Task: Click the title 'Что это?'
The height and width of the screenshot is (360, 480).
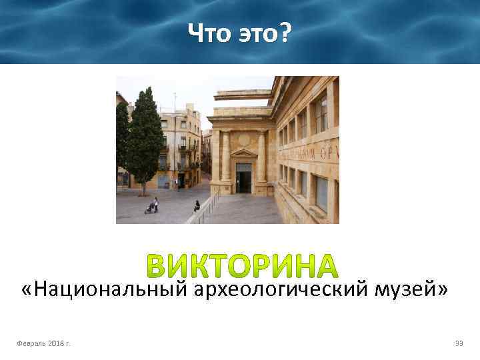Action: pyautogui.click(x=239, y=32)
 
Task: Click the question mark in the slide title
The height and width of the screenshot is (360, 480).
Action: pyautogui.click(x=285, y=32)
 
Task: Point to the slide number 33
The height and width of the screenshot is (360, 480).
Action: pyautogui.click(x=458, y=343)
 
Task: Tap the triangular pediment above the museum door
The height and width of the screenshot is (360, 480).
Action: pyautogui.click(x=244, y=153)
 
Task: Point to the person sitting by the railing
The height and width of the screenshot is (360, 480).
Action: pyautogui.click(x=197, y=206)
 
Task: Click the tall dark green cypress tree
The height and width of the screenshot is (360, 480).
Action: pyautogui.click(x=144, y=140)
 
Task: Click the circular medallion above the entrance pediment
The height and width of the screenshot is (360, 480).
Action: pyautogui.click(x=244, y=140)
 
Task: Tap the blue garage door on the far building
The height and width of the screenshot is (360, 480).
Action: pyautogui.click(x=163, y=181)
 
